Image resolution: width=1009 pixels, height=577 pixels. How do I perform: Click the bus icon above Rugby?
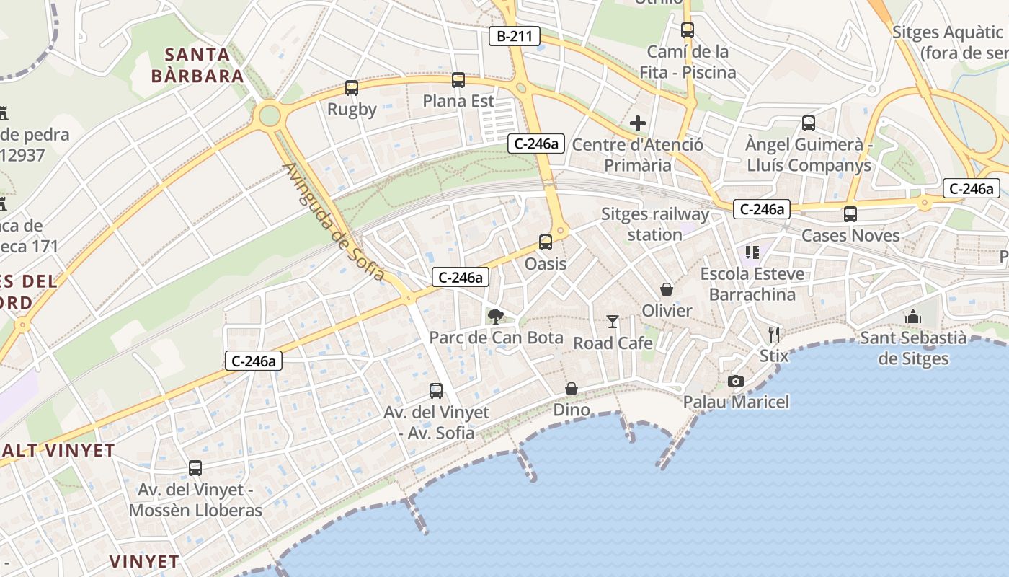coord(351,88)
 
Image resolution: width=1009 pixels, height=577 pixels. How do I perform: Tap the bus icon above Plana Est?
coord(458,80)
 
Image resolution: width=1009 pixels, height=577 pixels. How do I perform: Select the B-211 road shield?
coord(515,35)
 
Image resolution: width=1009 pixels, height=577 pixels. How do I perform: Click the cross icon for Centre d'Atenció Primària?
coord(637,123)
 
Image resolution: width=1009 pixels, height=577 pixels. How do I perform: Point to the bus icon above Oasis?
coord(546,242)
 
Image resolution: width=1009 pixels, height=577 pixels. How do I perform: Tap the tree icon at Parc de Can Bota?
coord(495,316)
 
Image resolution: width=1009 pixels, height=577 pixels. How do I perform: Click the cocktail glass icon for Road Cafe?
coord(613,322)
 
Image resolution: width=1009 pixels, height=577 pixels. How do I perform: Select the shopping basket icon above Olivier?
coord(667,289)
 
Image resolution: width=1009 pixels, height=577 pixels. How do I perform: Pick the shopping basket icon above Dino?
coord(572,389)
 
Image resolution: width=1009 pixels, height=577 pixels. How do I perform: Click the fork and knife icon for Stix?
coord(774,334)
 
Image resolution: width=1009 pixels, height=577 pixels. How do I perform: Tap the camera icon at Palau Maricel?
coord(736,381)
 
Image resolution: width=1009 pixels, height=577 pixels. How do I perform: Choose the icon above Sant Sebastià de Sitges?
coord(912,317)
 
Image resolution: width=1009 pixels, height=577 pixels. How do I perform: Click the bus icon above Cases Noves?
coord(850,214)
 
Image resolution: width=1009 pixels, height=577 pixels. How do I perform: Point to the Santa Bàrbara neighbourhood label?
coord(197,65)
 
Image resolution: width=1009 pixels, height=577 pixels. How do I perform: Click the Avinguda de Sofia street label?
coord(334,221)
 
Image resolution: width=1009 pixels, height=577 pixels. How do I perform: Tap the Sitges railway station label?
coord(655,224)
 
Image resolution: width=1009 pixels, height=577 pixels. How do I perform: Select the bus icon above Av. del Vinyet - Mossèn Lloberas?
coord(195,468)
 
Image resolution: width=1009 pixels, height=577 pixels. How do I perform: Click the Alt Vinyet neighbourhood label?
coord(58,451)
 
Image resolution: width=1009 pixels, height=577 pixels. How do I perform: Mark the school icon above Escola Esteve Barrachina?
coord(752,252)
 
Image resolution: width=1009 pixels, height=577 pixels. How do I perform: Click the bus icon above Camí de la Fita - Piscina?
coord(688,30)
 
